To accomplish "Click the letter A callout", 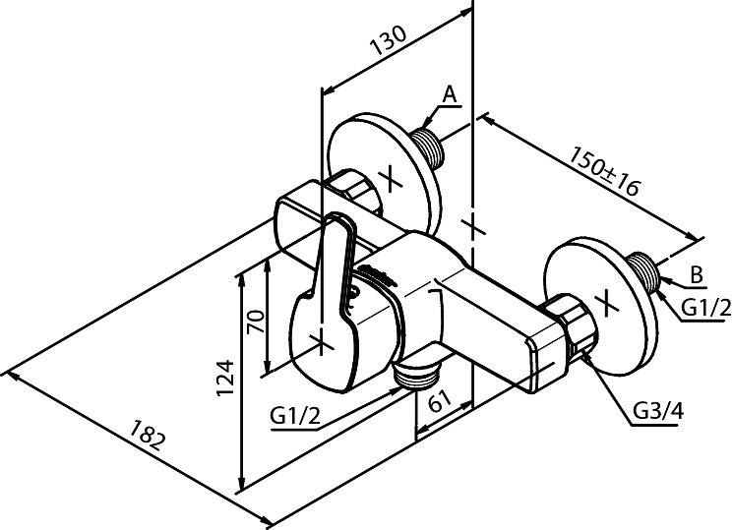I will point(449,94).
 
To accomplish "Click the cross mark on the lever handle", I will point(321,340).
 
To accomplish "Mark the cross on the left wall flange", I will point(391,180).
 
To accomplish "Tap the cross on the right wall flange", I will point(608,300).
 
